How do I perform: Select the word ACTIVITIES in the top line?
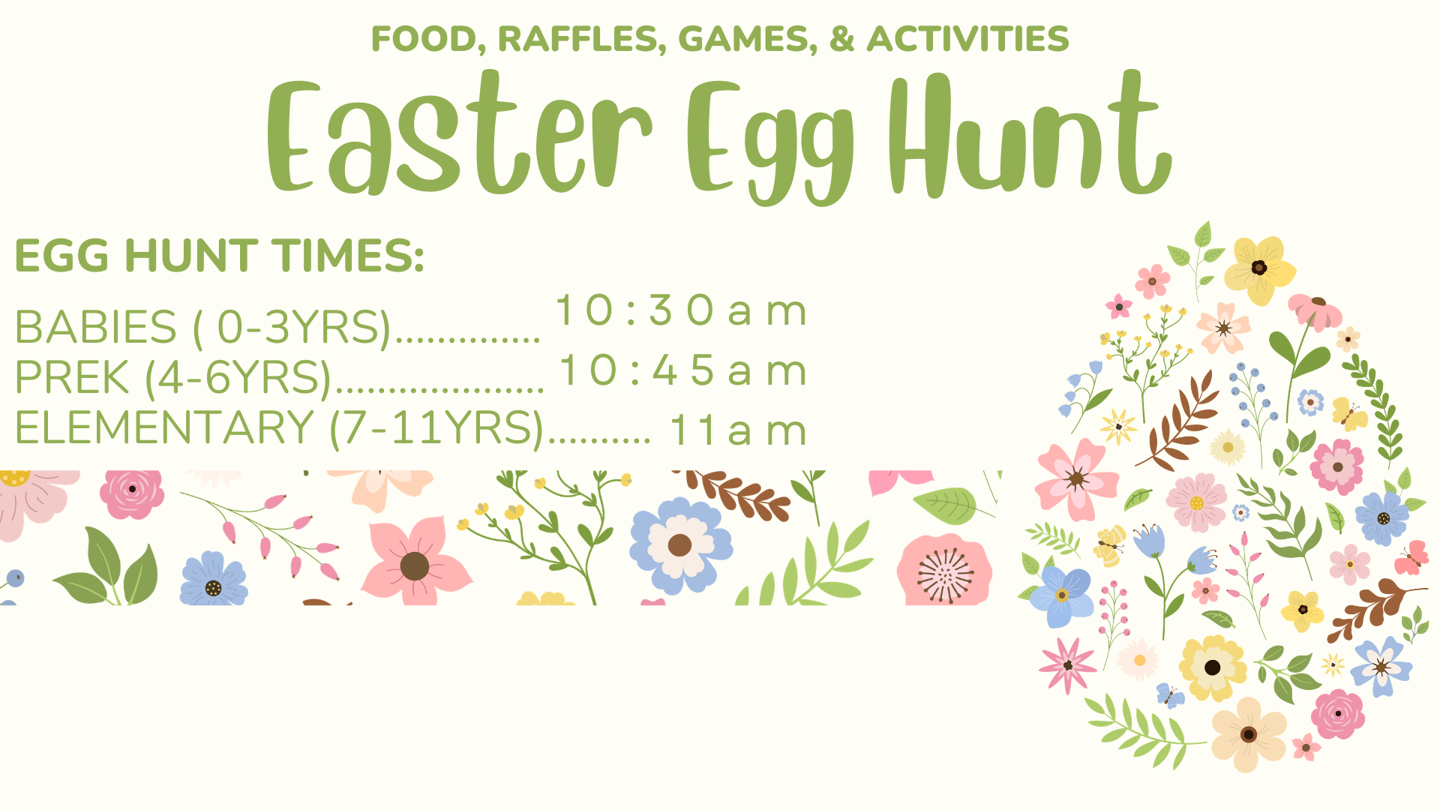pos(967,39)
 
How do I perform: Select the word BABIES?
pos(96,327)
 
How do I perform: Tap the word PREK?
pos(72,376)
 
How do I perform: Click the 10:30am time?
pos(681,310)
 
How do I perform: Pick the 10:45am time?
pos(683,370)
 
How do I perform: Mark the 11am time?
pos(739,430)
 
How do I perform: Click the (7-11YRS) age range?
pos(436,428)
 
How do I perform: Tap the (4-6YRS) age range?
pos(238,378)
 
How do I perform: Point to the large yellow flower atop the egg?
pos(1260,268)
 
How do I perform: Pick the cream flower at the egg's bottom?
pos(1248,734)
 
